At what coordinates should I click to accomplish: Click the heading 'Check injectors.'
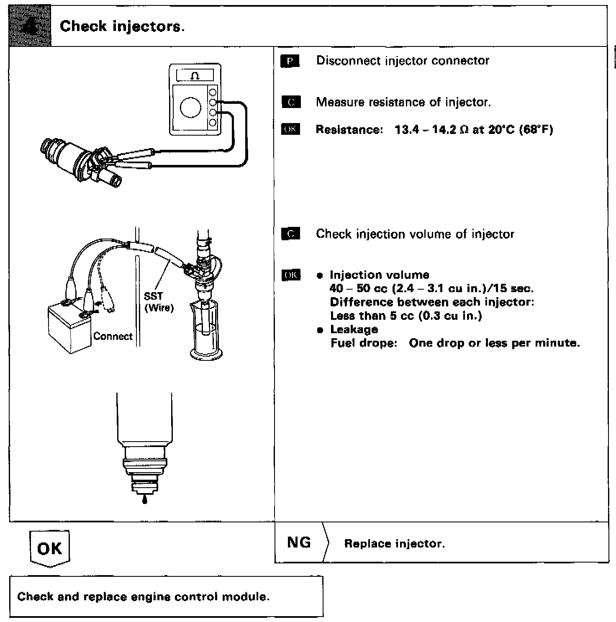coord(122,26)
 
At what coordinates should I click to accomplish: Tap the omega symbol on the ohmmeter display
coord(195,76)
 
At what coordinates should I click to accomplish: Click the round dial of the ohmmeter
coord(190,108)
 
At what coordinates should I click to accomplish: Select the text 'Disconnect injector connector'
coord(403,61)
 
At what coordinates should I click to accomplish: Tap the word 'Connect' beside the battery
coord(113,337)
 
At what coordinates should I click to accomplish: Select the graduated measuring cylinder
coord(206,331)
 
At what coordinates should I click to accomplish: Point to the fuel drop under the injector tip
coord(145,500)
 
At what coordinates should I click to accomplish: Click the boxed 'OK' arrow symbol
coord(50,549)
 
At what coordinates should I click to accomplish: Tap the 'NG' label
coord(299,543)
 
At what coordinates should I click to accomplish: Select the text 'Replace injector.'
coord(394,544)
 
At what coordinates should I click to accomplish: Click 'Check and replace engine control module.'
coord(143,596)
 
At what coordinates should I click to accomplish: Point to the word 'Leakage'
coord(354,329)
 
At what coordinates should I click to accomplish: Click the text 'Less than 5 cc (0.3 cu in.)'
coord(406,316)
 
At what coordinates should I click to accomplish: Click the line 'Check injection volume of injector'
coord(415,234)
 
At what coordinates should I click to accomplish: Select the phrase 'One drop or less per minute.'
coord(494,343)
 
